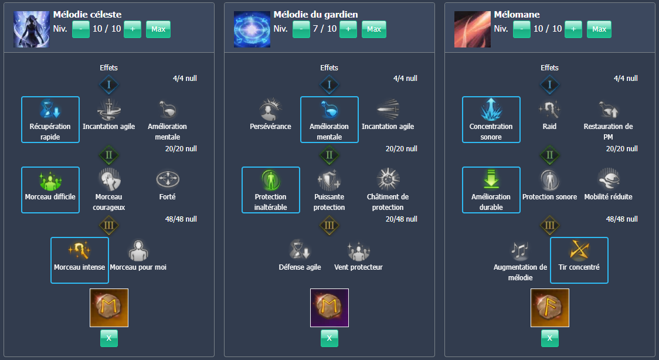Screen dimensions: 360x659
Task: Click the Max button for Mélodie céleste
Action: point(158,29)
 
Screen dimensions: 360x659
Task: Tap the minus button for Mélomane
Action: point(521,29)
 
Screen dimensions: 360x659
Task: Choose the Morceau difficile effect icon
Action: point(50,180)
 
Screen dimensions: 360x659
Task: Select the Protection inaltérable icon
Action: point(270,180)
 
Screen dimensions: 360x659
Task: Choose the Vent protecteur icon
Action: point(358,250)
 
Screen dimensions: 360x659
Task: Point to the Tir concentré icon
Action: point(579,250)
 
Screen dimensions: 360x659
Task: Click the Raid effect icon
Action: point(549,109)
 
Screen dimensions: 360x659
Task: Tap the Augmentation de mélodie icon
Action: point(520,250)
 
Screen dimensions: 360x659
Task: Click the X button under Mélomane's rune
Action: point(549,338)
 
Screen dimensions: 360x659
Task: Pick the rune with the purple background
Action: point(329,308)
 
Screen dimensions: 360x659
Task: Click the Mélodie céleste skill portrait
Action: point(31,29)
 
